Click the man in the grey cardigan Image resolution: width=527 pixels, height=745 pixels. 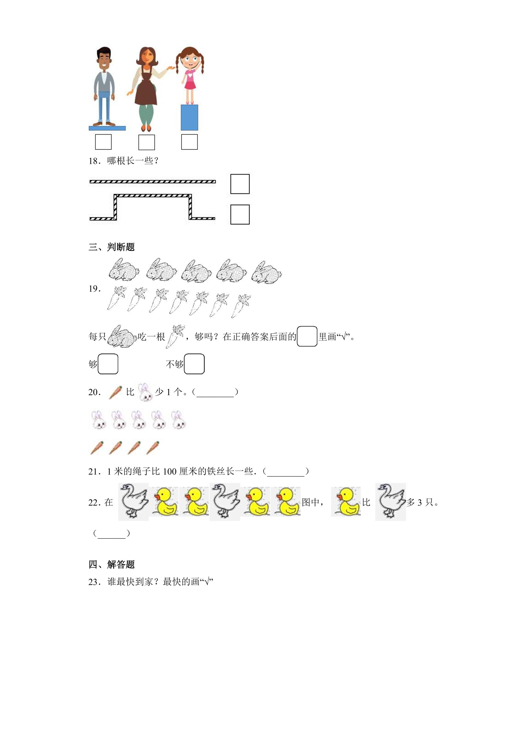(104, 87)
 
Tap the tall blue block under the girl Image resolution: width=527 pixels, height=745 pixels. (189, 117)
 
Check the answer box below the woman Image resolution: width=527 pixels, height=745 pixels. (146, 142)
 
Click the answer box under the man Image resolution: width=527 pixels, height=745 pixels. (103, 142)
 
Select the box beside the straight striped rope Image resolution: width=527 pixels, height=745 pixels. (240, 184)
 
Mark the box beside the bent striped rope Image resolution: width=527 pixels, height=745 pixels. (240, 214)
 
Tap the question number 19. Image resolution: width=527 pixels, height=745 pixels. (94, 289)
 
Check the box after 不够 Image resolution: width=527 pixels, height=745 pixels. (194, 364)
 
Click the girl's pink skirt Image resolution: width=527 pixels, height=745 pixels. (190, 84)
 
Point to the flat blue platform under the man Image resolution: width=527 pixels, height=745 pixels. (107, 128)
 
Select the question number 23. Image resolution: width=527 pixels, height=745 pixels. (94, 582)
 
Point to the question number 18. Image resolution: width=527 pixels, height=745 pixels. (94, 161)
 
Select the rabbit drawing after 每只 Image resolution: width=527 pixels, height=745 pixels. (122, 337)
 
